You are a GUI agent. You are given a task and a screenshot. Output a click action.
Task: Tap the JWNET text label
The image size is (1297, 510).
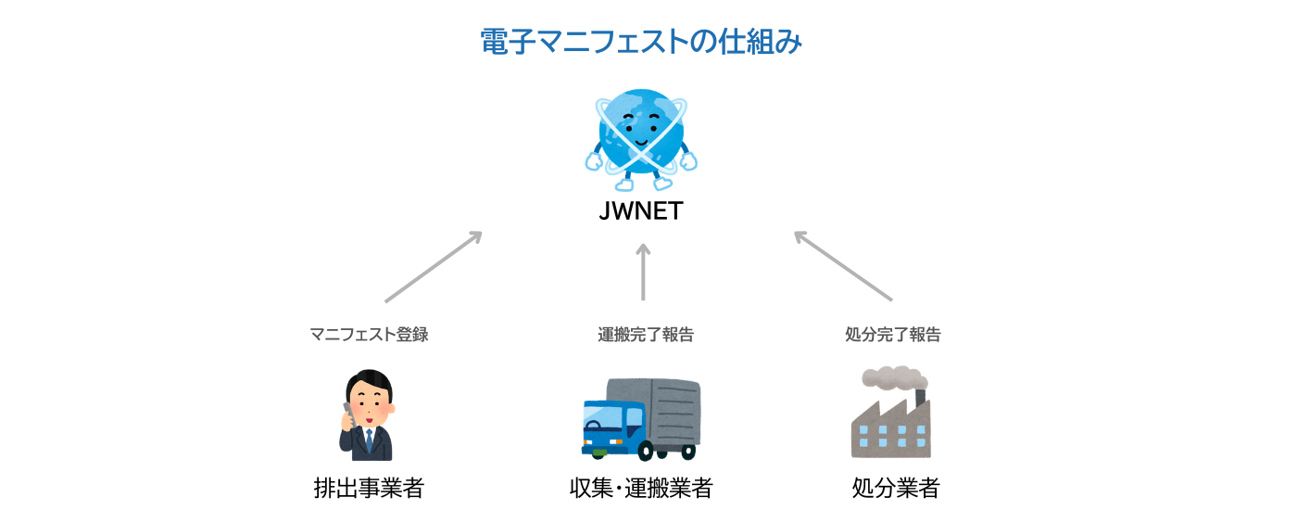tap(641, 211)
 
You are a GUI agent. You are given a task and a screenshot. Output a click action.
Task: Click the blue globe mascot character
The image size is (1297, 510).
tap(641, 134)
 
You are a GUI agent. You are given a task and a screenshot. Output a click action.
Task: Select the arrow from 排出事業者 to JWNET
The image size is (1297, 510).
tap(434, 267)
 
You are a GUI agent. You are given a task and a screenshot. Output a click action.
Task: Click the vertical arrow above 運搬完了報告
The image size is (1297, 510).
tap(643, 272)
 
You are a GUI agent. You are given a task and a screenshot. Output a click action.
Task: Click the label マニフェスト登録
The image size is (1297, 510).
tap(369, 335)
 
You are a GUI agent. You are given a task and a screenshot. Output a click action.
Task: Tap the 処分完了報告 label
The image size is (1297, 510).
tap(892, 335)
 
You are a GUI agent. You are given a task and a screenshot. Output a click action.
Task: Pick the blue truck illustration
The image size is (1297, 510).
tap(640, 419)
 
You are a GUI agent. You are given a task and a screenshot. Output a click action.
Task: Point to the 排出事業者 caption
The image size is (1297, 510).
tap(369, 488)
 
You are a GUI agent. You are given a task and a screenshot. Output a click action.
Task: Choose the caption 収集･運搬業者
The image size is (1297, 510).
tap(641, 488)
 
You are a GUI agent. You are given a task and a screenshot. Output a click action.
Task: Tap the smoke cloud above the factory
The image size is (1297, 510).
tap(890, 377)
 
